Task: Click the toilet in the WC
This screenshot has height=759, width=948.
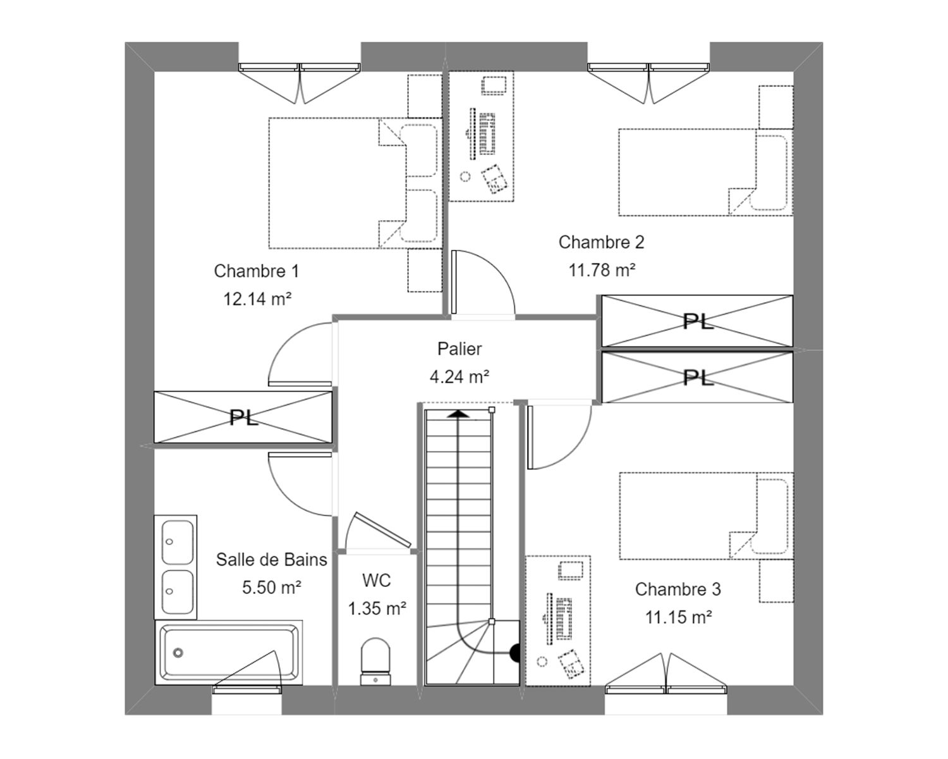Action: pyautogui.click(x=375, y=661)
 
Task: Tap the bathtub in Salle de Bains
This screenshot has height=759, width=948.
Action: pyautogui.click(x=229, y=652)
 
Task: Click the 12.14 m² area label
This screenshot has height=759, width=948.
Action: pyautogui.click(x=257, y=299)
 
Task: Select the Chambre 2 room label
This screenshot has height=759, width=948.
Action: pyautogui.click(x=601, y=242)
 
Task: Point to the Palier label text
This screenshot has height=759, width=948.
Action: pyautogui.click(x=459, y=349)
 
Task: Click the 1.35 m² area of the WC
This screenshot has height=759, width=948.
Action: pyautogui.click(x=377, y=608)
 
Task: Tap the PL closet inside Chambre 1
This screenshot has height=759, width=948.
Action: pyautogui.click(x=243, y=417)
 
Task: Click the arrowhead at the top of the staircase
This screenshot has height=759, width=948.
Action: pyautogui.click(x=459, y=413)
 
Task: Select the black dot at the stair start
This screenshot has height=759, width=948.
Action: pyautogui.click(x=514, y=653)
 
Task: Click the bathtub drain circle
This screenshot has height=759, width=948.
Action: pyautogui.click(x=178, y=652)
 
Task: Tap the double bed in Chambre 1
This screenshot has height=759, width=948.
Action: pyautogui.click(x=355, y=183)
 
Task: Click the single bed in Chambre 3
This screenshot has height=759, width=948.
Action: pyautogui.click(x=706, y=516)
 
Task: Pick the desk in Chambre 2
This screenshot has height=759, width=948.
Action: pyautogui.click(x=481, y=136)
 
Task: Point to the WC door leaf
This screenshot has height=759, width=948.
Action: pyautogui.click(x=383, y=529)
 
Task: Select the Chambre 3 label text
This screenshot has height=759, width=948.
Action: pyautogui.click(x=678, y=589)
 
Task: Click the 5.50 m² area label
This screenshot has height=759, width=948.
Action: pyautogui.click(x=272, y=588)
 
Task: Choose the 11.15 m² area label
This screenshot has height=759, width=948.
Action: pyautogui.click(x=678, y=617)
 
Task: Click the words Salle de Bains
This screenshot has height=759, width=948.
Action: pyautogui.click(x=272, y=560)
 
